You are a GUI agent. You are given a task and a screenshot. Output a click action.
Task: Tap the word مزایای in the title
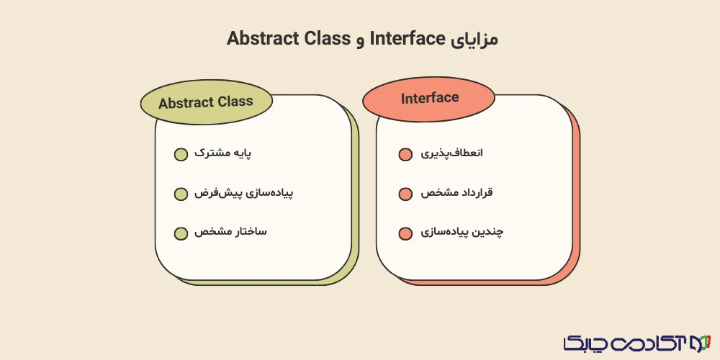473,39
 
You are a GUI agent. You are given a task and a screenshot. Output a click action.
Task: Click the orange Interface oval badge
429,99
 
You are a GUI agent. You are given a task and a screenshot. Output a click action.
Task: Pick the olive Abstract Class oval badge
206,102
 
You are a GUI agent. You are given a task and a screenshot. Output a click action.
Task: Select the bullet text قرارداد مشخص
456,193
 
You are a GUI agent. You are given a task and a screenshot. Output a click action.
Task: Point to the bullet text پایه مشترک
226,154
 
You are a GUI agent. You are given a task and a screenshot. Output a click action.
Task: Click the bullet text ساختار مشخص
230,233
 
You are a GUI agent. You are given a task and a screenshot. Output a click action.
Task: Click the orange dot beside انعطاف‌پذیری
405,155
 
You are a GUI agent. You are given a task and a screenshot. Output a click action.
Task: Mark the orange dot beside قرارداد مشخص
405,194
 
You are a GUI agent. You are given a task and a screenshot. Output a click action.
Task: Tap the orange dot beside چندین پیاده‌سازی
405,233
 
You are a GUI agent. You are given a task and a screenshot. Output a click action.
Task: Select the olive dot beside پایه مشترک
181,155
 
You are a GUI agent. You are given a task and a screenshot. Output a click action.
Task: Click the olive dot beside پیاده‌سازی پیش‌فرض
181,194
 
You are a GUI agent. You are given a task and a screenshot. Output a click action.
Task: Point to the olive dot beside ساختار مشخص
181,233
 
